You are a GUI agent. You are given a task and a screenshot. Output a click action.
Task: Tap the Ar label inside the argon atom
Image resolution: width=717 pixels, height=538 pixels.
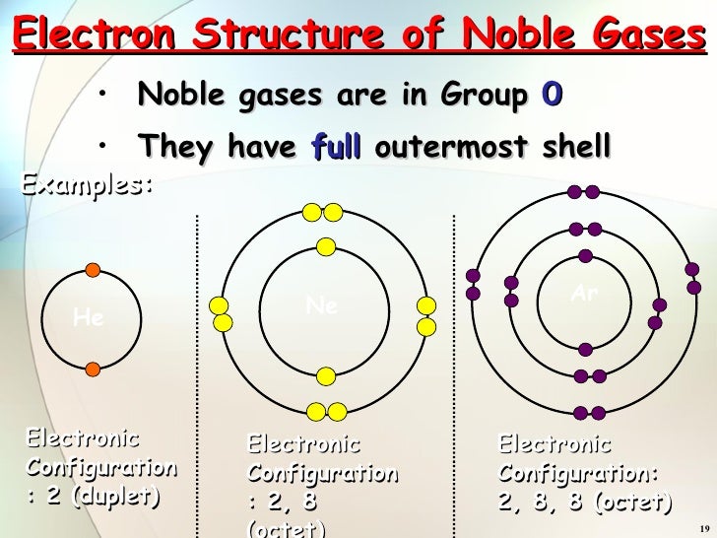[585, 294]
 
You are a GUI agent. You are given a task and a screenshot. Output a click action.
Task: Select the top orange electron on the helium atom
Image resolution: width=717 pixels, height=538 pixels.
[92, 269]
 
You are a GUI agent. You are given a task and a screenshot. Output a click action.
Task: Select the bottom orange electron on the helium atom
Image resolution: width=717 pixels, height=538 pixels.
[92, 369]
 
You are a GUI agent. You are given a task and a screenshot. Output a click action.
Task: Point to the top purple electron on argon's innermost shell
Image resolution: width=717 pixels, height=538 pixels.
[585, 256]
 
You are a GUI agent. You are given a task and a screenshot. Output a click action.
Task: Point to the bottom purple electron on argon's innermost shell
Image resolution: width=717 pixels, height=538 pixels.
[585, 349]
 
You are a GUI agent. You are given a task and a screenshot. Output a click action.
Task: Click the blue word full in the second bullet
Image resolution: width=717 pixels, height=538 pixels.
[338, 148]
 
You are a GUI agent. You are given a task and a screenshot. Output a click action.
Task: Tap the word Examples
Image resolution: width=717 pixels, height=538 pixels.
[88, 183]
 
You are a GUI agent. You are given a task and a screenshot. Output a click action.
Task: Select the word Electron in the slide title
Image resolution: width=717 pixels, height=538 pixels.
[96, 35]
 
